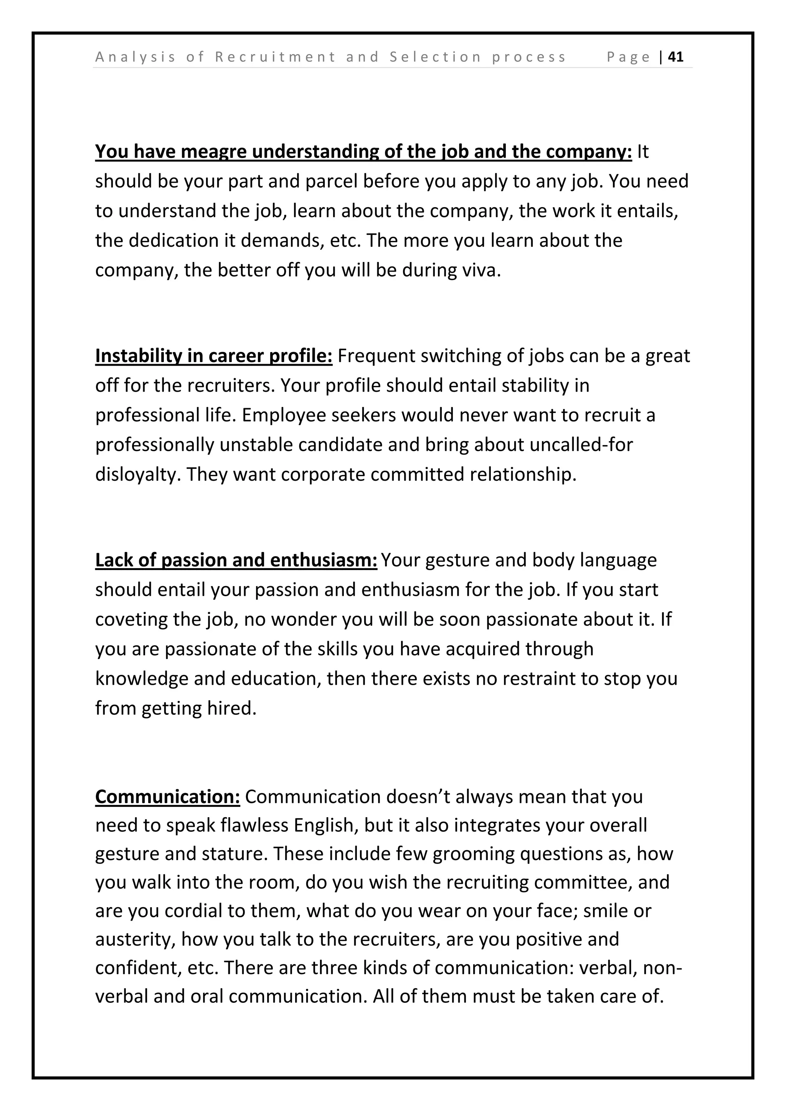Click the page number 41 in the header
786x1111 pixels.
675,57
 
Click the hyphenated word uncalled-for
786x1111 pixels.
581,445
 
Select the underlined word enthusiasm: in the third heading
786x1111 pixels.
323,560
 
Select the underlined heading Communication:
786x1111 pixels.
167,797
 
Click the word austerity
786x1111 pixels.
135,940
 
